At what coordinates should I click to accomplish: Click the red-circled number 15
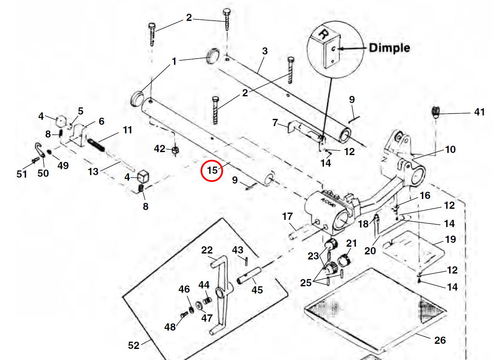212,170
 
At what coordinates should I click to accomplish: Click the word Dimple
389,48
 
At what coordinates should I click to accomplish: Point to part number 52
134,345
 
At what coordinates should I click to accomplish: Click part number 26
440,340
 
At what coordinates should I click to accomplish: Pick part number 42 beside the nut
160,149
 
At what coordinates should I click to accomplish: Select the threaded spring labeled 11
97,142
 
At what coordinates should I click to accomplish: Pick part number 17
288,216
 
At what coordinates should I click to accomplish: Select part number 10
450,150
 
